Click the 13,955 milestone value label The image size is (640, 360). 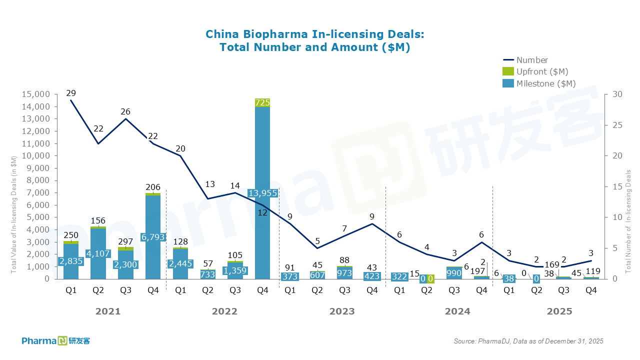coord(262,193)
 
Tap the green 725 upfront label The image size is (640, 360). coord(262,102)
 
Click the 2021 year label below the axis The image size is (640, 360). coord(108,311)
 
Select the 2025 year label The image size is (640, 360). coord(559,311)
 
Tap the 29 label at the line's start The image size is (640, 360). coord(71,93)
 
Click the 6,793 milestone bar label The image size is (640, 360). coord(152,236)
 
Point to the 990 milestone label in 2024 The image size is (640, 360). coord(454,273)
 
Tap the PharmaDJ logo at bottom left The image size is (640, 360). coord(55,341)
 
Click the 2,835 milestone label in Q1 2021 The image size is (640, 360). coord(71,261)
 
